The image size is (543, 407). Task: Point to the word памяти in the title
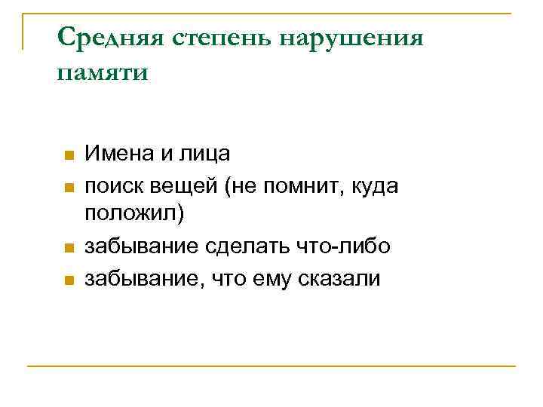coord(103,73)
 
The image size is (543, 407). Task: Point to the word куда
coord(374,186)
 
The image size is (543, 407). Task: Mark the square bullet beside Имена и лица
coord(68,156)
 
